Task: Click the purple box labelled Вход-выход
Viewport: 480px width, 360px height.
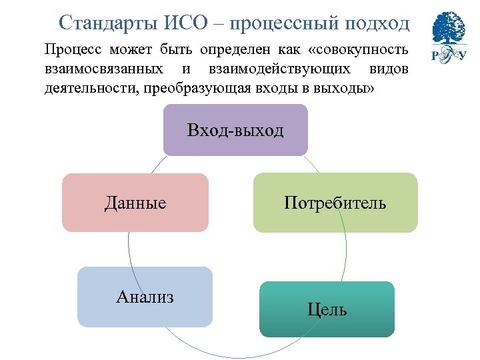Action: (x=235, y=130)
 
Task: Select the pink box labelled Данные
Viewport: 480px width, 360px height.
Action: (x=135, y=203)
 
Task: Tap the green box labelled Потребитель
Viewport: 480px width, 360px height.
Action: (x=335, y=203)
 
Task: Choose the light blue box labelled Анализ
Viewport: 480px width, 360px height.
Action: (x=145, y=297)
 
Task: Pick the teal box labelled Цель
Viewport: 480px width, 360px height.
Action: (x=327, y=309)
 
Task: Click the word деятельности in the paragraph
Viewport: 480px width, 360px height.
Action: (x=87, y=87)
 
